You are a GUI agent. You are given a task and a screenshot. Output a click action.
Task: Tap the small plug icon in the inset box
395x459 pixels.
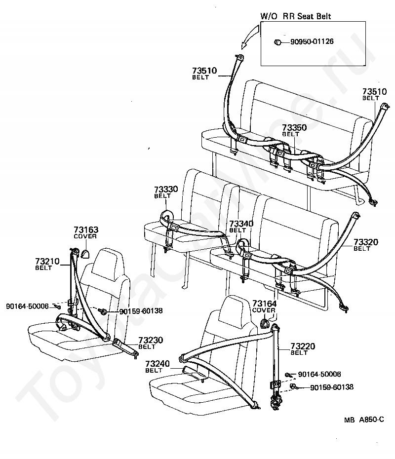pyautogui.click(x=278, y=42)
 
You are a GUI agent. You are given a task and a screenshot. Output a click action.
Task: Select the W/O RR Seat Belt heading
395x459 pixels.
pyautogui.click(x=296, y=16)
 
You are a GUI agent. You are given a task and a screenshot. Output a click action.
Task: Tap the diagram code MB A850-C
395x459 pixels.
pyautogui.click(x=363, y=420)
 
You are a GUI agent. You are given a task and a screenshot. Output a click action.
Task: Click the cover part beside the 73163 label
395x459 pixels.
pyautogui.click(x=85, y=254)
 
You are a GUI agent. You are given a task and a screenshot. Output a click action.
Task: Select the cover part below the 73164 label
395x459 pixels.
pyautogui.click(x=264, y=323)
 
